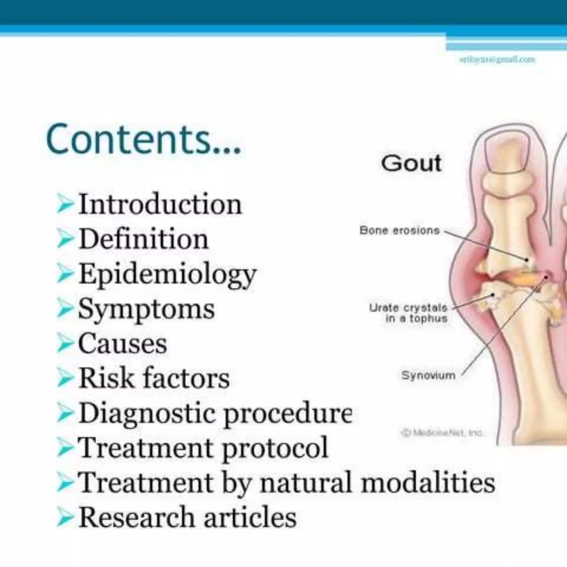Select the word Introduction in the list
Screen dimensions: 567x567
160,204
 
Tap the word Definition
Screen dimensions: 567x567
144,239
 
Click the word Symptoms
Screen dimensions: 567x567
146,309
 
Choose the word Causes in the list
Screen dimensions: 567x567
123,343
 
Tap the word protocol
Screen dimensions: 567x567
275,449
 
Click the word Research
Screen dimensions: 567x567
137,517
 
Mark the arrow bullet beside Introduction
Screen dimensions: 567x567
65,204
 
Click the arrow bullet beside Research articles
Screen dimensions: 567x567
65,517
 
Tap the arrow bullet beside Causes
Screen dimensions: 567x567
65,343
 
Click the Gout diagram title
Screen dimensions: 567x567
411,163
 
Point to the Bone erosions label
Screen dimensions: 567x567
400,231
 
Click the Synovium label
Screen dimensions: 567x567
428,375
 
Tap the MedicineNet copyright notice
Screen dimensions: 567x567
442,433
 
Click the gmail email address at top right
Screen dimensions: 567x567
497,60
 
